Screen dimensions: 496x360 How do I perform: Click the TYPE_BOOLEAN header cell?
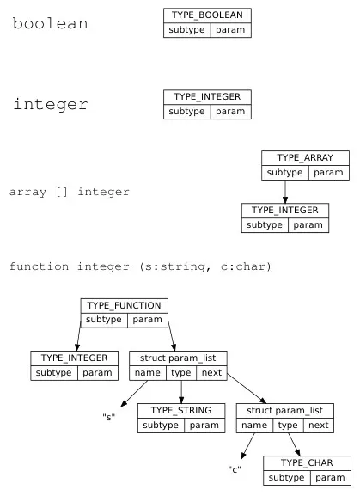207,15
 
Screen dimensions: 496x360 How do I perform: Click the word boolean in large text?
51,24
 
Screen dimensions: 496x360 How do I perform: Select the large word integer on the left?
51,105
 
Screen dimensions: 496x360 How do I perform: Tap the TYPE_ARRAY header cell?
305,158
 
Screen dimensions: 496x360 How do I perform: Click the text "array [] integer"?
70,192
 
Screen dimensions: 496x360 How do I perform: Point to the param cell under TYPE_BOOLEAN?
230,30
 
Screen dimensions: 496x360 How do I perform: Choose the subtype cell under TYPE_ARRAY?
285,173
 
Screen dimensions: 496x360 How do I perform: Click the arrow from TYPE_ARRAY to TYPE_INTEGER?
284,191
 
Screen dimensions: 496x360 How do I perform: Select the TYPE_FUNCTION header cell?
125,305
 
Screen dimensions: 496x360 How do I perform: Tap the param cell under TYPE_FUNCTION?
148,321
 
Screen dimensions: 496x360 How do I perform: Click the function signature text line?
140,266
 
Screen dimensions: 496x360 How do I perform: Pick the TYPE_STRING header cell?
180,410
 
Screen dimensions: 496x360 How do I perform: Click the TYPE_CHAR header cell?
308,462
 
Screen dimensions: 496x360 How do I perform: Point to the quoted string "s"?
109,417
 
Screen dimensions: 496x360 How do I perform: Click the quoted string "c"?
233,469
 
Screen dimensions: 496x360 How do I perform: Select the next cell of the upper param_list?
211,373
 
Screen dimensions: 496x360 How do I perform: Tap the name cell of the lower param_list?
253,426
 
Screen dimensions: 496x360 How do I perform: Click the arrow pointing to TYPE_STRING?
180,391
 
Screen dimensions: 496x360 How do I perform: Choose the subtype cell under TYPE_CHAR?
284,478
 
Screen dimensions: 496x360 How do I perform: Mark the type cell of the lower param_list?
287,426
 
